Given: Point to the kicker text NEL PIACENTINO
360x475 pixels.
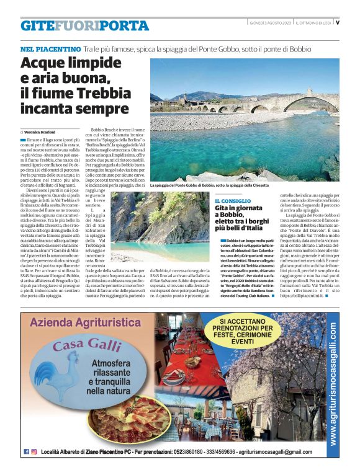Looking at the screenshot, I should pyautogui.click(x=50, y=48).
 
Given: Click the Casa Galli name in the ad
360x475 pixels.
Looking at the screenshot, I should pyautogui.click(x=86, y=345).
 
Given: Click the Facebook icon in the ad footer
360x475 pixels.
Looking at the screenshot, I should pyautogui.click(x=26, y=451).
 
